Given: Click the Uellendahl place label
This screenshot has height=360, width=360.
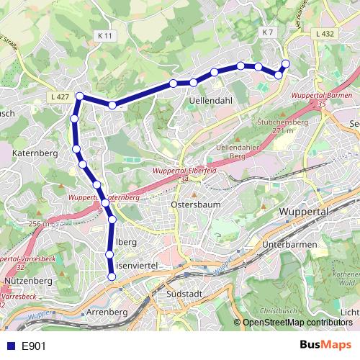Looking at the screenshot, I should (211, 101).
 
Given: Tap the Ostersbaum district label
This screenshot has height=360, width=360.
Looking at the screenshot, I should (194, 204).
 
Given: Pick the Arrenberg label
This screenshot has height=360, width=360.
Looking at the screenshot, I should (107, 312).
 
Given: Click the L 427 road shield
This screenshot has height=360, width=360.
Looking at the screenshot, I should (60, 96).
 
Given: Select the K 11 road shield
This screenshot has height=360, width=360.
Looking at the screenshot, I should (106, 34).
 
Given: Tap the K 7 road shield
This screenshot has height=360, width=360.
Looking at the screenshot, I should (269, 32).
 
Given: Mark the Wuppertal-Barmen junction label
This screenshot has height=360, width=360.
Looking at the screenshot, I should (320, 96).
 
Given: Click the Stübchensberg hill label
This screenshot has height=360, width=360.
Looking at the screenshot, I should (279, 122).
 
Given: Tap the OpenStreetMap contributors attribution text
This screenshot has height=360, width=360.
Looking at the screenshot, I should (297, 323).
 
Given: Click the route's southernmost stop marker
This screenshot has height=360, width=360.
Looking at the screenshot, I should (111, 279).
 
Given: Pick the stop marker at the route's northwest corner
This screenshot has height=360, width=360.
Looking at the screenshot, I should (79, 96).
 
